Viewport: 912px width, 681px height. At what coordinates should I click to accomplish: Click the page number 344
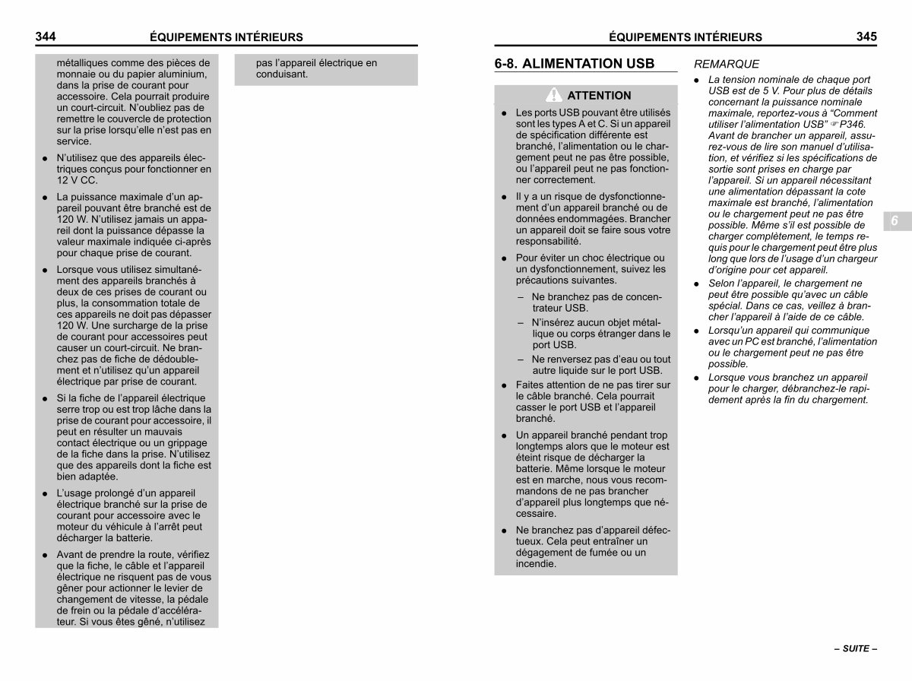(x=46, y=36)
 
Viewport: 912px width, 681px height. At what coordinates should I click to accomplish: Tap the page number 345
(x=866, y=36)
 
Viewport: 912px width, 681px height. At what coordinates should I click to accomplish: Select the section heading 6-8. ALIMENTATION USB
(x=574, y=64)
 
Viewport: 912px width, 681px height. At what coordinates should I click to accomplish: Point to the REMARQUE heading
(x=727, y=65)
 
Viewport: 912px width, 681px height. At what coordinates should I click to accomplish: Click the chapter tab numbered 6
(x=895, y=220)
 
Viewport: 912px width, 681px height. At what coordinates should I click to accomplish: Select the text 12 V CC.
(x=77, y=180)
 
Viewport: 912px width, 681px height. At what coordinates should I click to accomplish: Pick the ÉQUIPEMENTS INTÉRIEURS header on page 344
(x=226, y=36)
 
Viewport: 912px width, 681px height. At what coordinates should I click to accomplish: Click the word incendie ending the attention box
(x=536, y=564)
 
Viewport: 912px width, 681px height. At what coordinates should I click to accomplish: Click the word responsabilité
(x=548, y=241)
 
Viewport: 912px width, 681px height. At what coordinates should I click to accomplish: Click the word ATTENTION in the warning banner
(x=599, y=96)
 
